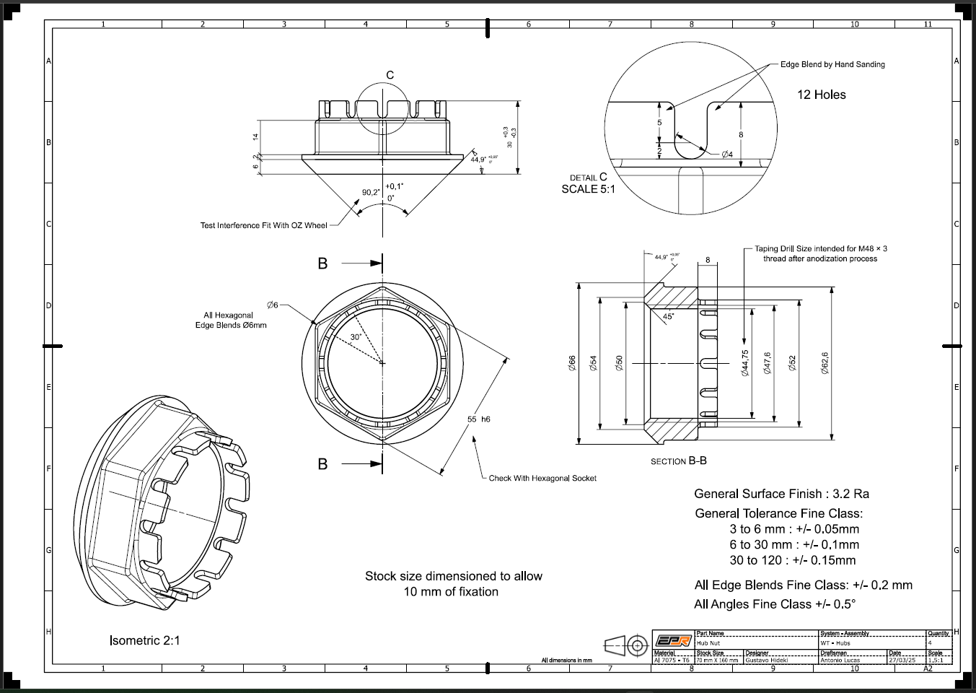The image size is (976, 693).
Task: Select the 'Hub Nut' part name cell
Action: point(709,642)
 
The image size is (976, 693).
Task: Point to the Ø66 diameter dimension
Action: point(572,363)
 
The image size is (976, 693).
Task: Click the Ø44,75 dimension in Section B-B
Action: point(745,363)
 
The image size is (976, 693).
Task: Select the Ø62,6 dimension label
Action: point(825,363)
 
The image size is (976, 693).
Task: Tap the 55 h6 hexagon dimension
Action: point(479,419)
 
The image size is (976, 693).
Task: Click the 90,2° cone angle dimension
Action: point(371,193)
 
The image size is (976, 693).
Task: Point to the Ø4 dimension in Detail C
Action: point(727,154)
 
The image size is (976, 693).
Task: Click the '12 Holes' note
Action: point(821,95)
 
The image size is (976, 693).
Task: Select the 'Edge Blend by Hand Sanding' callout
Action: point(832,64)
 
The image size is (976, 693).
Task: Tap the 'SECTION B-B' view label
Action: point(678,461)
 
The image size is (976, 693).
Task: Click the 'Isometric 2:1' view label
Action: point(144,640)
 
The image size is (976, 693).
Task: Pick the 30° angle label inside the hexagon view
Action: point(356,337)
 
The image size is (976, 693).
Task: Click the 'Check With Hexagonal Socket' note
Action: point(542,478)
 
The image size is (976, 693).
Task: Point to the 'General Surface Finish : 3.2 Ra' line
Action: point(781,494)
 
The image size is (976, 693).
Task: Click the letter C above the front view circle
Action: point(390,75)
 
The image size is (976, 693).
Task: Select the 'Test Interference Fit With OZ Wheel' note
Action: point(263,225)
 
